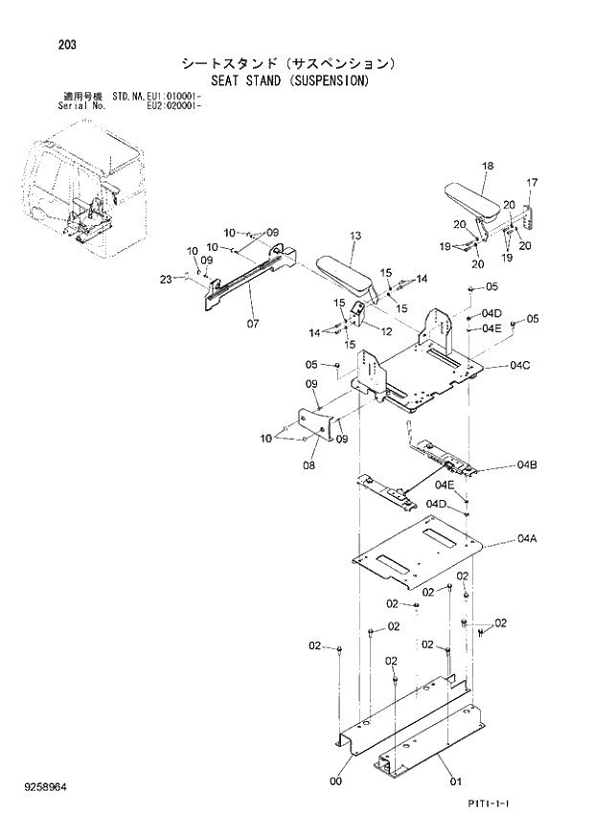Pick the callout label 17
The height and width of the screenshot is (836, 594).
click(532, 183)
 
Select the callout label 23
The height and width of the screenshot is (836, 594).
click(166, 280)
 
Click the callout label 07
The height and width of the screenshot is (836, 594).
click(253, 323)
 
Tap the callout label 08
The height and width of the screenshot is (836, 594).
click(308, 466)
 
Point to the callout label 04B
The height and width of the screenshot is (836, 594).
click(526, 465)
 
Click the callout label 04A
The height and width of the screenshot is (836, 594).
click(526, 539)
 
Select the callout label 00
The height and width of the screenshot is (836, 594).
click(335, 780)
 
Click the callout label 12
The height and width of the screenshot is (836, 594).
click(386, 331)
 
